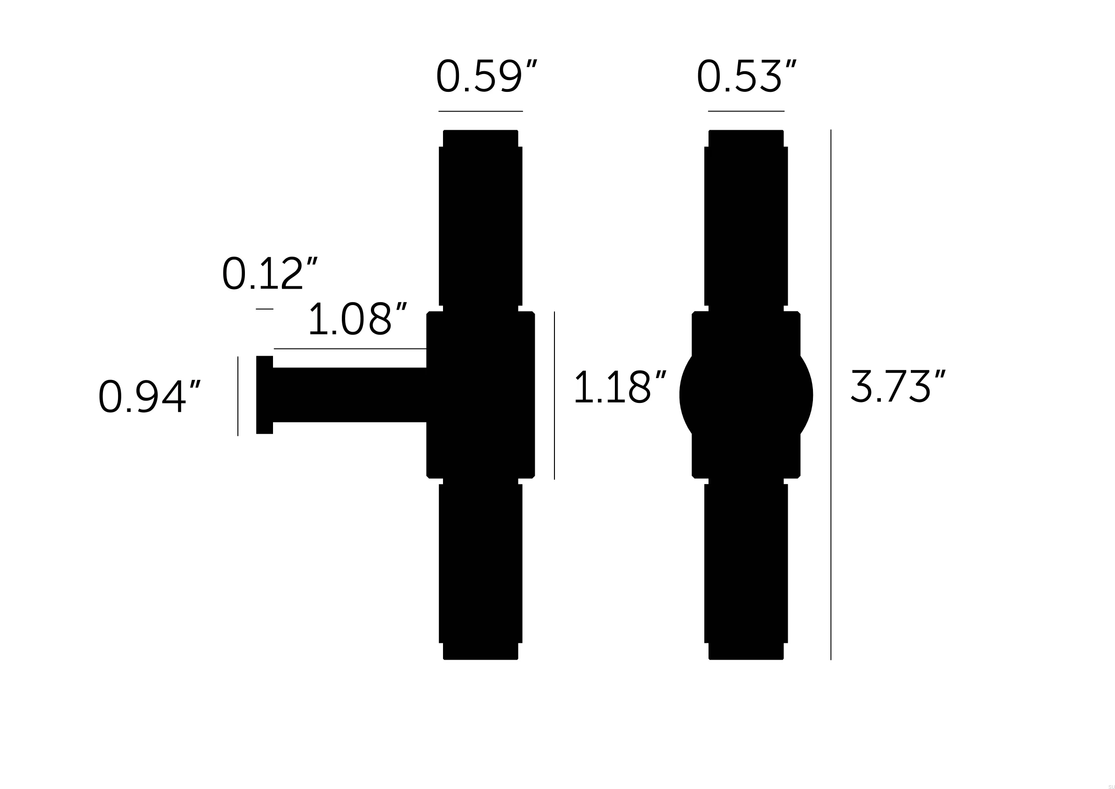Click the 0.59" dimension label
(x=486, y=76)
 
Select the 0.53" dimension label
(x=746, y=76)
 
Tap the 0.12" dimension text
(x=270, y=274)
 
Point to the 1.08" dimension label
(x=357, y=319)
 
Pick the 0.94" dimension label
(x=149, y=396)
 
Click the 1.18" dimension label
(x=620, y=387)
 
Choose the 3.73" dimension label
(x=897, y=387)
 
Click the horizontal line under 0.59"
(x=480, y=111)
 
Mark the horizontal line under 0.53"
(x=746, y=111)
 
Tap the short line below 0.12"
(x=265, y=309)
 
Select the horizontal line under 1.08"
(x=350, y=349)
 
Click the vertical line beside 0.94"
(x=238, y=396)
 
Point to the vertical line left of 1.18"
(x=554, y=395)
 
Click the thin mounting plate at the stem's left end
(x=265, y=395)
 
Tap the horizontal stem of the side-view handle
(x=350, y=395)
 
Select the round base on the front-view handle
(x=746, y=395)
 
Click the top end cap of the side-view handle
(x=480, y=139)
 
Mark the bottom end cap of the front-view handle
(x=746, y=652)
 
